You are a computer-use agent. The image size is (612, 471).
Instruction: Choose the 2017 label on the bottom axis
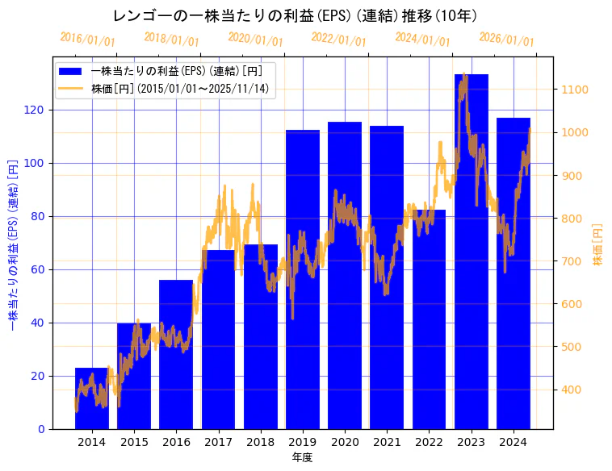click(x=218, y=442)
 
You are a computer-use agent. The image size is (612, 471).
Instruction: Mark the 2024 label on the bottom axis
click(x=513, y=442)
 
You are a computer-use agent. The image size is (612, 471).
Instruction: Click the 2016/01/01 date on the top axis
click(x=88, y=40)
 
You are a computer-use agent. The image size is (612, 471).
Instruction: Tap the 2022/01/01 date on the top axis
click(x=339, y=40)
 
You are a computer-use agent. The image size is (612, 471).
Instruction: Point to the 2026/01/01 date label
click(x=506, y=40)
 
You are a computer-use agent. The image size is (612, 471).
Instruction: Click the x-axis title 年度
click(x=302, y=457)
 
